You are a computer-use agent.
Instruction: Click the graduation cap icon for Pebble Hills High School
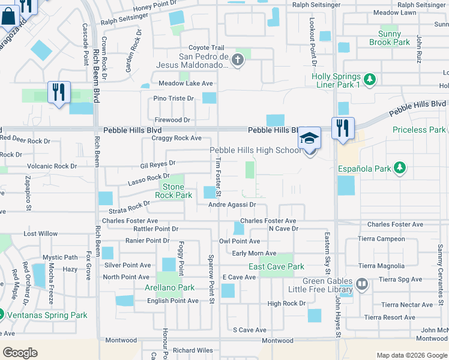(310, 137)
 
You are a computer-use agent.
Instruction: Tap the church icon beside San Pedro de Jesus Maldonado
(238, 59)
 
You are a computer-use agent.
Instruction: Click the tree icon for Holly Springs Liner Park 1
(370, 79)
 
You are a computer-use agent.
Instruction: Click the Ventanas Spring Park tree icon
(2, 315)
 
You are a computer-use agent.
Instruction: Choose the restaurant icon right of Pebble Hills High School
(343, 128)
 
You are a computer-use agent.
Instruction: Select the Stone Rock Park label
(173, 191)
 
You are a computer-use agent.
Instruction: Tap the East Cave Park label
(277, 266)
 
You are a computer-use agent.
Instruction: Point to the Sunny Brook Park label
(390, 38)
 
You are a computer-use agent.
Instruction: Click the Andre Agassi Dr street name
(232, 205)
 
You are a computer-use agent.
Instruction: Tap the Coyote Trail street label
(206, 48)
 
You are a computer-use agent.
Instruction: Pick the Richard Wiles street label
(193, 350)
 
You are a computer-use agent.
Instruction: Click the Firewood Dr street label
(172, 120)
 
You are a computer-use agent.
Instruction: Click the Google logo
(20, 353)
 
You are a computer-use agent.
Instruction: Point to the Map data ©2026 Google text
(411, 355)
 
